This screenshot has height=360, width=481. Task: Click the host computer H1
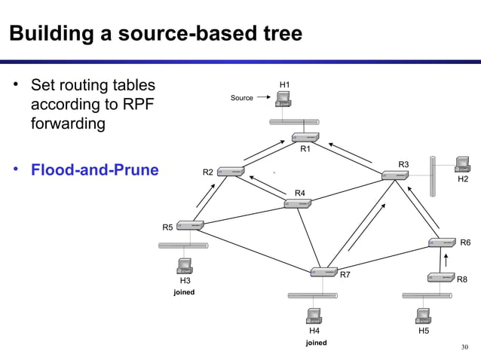pyautogui.click(x=283, y=101)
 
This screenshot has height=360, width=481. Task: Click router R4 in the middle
pyautogui.click(x=299, y=203)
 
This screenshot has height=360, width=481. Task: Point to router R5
pyautogui.click(x=191, y=224)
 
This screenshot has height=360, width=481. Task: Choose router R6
pyautogui.click(x=442, y=243)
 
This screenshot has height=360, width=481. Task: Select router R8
pyautogui.click(x=440, y=278)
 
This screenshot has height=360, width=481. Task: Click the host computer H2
pyautogui.click(x=461, y=163)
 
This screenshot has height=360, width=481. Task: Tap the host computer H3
pyautogui.click(x=183, y=266)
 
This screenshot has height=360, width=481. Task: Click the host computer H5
pyautogui.click(x=423, y=315)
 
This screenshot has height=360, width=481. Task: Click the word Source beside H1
pyautogui.click(x=242, y=98)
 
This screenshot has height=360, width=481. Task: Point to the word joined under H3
pyautogui.click(x=184, y=291)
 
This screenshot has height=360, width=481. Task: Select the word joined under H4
pyautogui.click(x=315, y=343)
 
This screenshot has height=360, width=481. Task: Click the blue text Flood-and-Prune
pyautogui.click(x=94, y=169)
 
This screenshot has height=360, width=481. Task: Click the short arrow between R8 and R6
pyautogui.click(x=446, y=261)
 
